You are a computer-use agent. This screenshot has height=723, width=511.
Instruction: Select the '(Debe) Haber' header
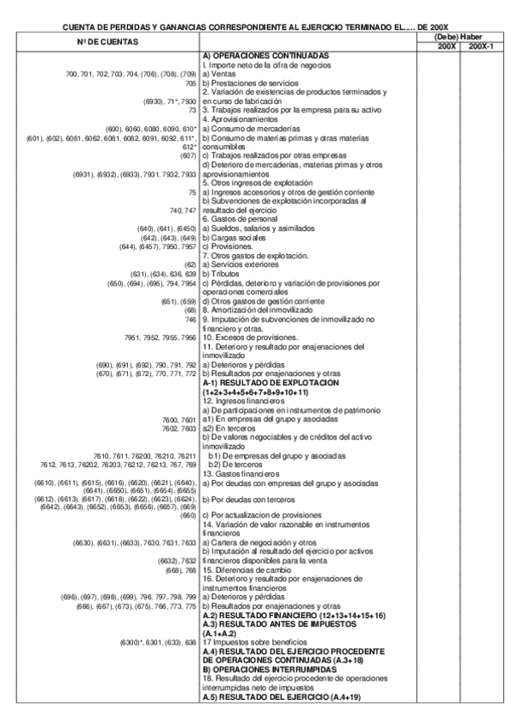[x=459, y=38]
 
